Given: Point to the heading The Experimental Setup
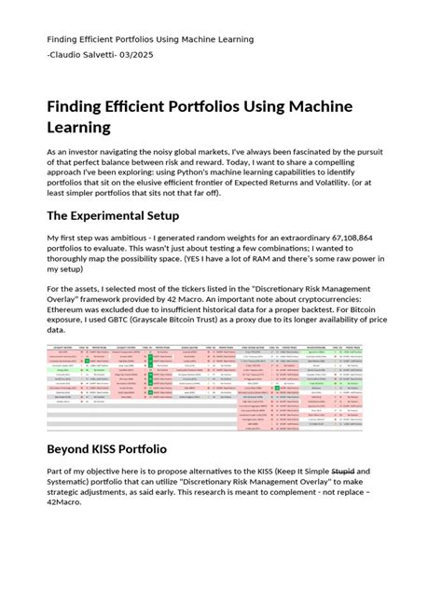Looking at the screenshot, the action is [127, 216].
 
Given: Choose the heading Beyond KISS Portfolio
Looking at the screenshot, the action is [106, 448].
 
